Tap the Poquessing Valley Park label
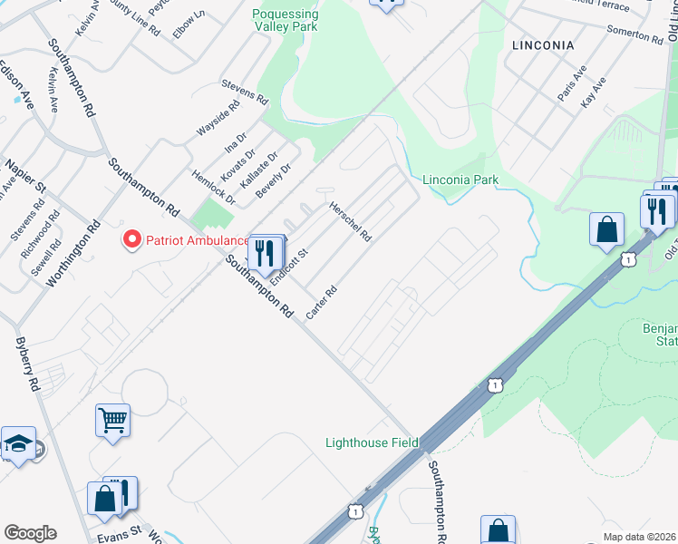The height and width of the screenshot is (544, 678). [285, 21]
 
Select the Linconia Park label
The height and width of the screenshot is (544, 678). [460, 180]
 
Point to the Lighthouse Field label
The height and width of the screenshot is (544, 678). [372, 442]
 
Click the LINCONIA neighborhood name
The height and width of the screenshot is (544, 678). [543, 44]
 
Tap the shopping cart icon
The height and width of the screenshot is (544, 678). [113, 420]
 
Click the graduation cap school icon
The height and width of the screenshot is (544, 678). [17, 443]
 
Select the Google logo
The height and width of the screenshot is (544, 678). [30, 532]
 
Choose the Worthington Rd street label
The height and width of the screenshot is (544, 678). [72, 251]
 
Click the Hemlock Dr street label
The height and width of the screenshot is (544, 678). [213, 186]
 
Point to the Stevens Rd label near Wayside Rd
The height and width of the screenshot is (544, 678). [246, 90]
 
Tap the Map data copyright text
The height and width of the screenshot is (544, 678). [640, 537]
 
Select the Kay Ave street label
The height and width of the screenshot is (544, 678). [593, 93]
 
